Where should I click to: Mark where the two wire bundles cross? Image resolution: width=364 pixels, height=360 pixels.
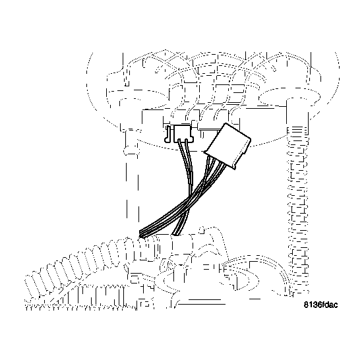[x=191, y=198]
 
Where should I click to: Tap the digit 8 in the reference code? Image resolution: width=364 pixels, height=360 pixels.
[x=307, y=306]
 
